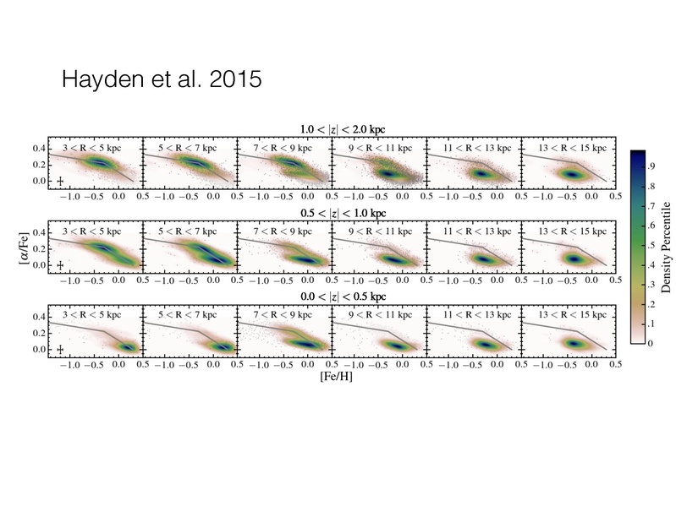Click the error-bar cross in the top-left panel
click(61, 180)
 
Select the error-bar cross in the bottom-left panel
click(61, 347)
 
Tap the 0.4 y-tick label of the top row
click(37, 148)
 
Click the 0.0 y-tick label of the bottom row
click(37, 348)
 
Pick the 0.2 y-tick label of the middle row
click(37, 248)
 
